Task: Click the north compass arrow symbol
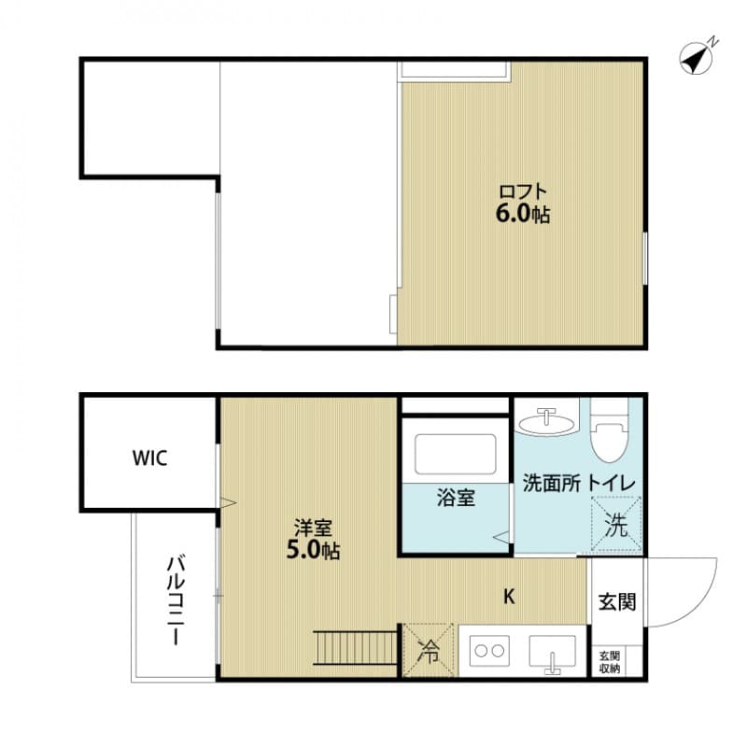pyautogui.click(x=697, y=57)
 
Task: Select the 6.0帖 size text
pyautogui.click(x=522, y=215)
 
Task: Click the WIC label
pyautogui.click(x=149, y=459)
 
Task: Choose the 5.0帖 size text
pyautogui.click(x=312, y=551)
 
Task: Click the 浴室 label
pyautogui.click(x=456, y=498)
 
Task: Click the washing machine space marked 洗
pyautogui.click(x=617, y=526)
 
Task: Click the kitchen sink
pyautogui.click(x=553, y=650)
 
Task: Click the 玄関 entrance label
pyautogui.click(x=616, y=601)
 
